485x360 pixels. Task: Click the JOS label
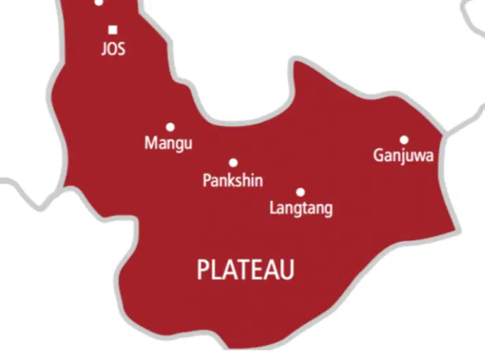(113, 50)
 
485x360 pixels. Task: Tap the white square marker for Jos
(113, 29)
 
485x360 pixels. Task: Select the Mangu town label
(168, 144)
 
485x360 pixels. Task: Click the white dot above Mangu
(170, 127)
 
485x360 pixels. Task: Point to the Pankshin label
(233, 181)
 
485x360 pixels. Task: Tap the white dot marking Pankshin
(233, 163)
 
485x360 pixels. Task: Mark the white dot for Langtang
(300, 192)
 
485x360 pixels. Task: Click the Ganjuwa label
(403, 156)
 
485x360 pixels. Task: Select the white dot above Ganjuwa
(404, 140)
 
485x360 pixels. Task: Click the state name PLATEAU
(246, 270)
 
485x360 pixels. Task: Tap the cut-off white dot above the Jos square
(99, 2)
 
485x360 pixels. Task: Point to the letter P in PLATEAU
(203, 270)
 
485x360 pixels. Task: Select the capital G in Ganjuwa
(378, 155)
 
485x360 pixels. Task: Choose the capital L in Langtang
(273, 207)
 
